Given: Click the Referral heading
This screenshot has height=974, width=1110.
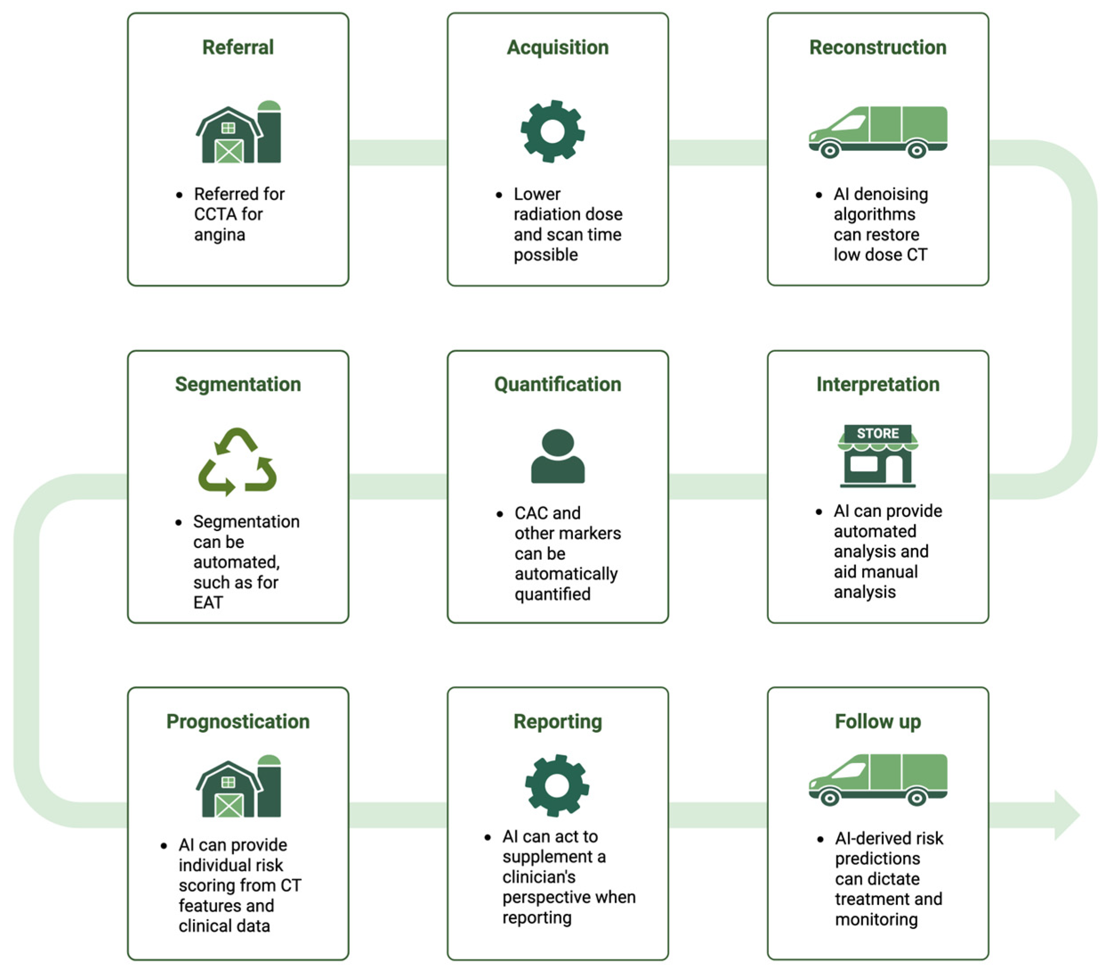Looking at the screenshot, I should coord(238,47).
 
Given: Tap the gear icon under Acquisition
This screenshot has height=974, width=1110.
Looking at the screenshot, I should coord(552,131).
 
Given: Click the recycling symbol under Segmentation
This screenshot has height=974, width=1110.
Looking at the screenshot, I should coord(237,462).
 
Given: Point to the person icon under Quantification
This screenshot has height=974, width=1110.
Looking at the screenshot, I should coord(558,457).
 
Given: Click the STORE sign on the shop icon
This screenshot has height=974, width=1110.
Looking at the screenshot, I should coord(878,433).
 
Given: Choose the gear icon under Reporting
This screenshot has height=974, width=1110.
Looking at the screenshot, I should coord(557,785).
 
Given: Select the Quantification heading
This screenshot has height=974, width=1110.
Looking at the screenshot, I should coord(558,384).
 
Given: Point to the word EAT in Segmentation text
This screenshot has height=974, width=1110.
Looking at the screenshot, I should coord(208,602).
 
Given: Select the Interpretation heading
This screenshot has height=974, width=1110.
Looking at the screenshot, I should coord(878,384).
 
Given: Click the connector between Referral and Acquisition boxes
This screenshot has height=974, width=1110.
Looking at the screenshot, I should coord(398,152).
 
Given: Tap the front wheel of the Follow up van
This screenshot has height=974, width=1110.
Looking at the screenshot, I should coord(829,798).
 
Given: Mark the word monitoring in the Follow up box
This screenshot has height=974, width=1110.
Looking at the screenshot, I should coord(876,920).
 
